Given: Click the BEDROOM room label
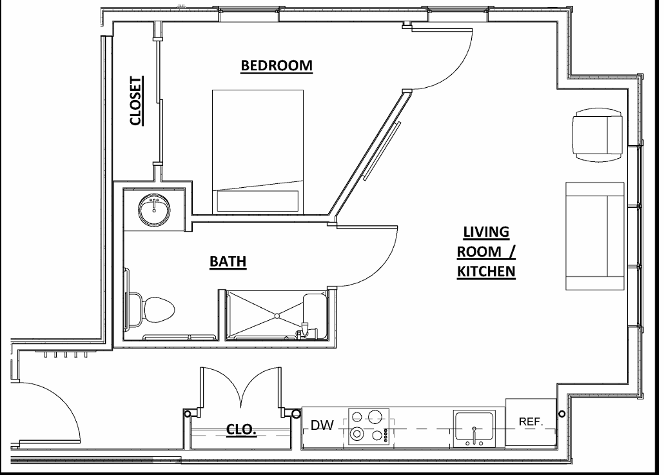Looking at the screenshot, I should pyautogui.click(x=277, y=65).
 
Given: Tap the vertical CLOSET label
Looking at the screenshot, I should pyautogui.click(x=135, y=101).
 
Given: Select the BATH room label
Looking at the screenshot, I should pyautogui.click(x=228, y=261).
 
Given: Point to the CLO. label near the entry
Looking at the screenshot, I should pyautogui.click(x=242, y=430).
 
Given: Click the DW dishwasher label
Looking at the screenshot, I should pyautogui.click(x=322, y=425).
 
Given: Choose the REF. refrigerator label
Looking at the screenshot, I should pyautogui.click(x=531, y=421).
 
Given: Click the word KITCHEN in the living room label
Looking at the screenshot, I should pyautogui.click(x=486, y=271).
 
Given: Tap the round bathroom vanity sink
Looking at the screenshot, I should pyautogui.click(x=154, y=210).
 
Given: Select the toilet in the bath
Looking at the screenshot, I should pyautogui.click(x=157, y=308).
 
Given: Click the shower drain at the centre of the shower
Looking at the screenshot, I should pyautogui.click(x=277, y=316).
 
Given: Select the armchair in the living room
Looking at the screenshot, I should pyautogui.click(x=597, y=135).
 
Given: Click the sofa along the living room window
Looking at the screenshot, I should pyautogui.click(x=594, y=236).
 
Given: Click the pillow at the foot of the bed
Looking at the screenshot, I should pyautogui.click(x=258, y=200).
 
